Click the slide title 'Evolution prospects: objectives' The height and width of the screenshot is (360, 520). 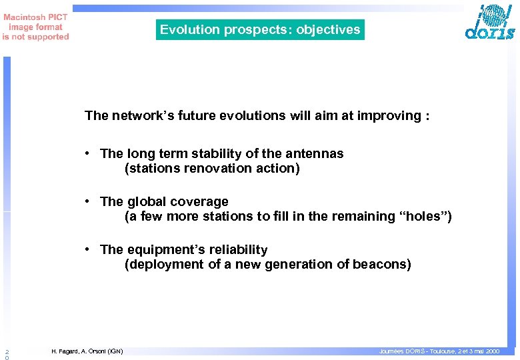click(x=260, y=29)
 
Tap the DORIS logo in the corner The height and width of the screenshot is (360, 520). click(x=490, y=23)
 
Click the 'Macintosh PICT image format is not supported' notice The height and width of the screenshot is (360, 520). click(x=35, y=27)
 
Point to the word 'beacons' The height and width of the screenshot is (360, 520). click(x=383, y=265)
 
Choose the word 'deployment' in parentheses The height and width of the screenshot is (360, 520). click(x=160, y=265)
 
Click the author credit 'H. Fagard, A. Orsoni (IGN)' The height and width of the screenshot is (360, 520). click(x=87, y=351)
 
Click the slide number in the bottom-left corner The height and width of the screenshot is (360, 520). click(x=6, y=354)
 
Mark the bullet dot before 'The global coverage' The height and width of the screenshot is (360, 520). click(x=88, y=202)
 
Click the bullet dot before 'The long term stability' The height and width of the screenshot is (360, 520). click(x=88, y=154)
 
